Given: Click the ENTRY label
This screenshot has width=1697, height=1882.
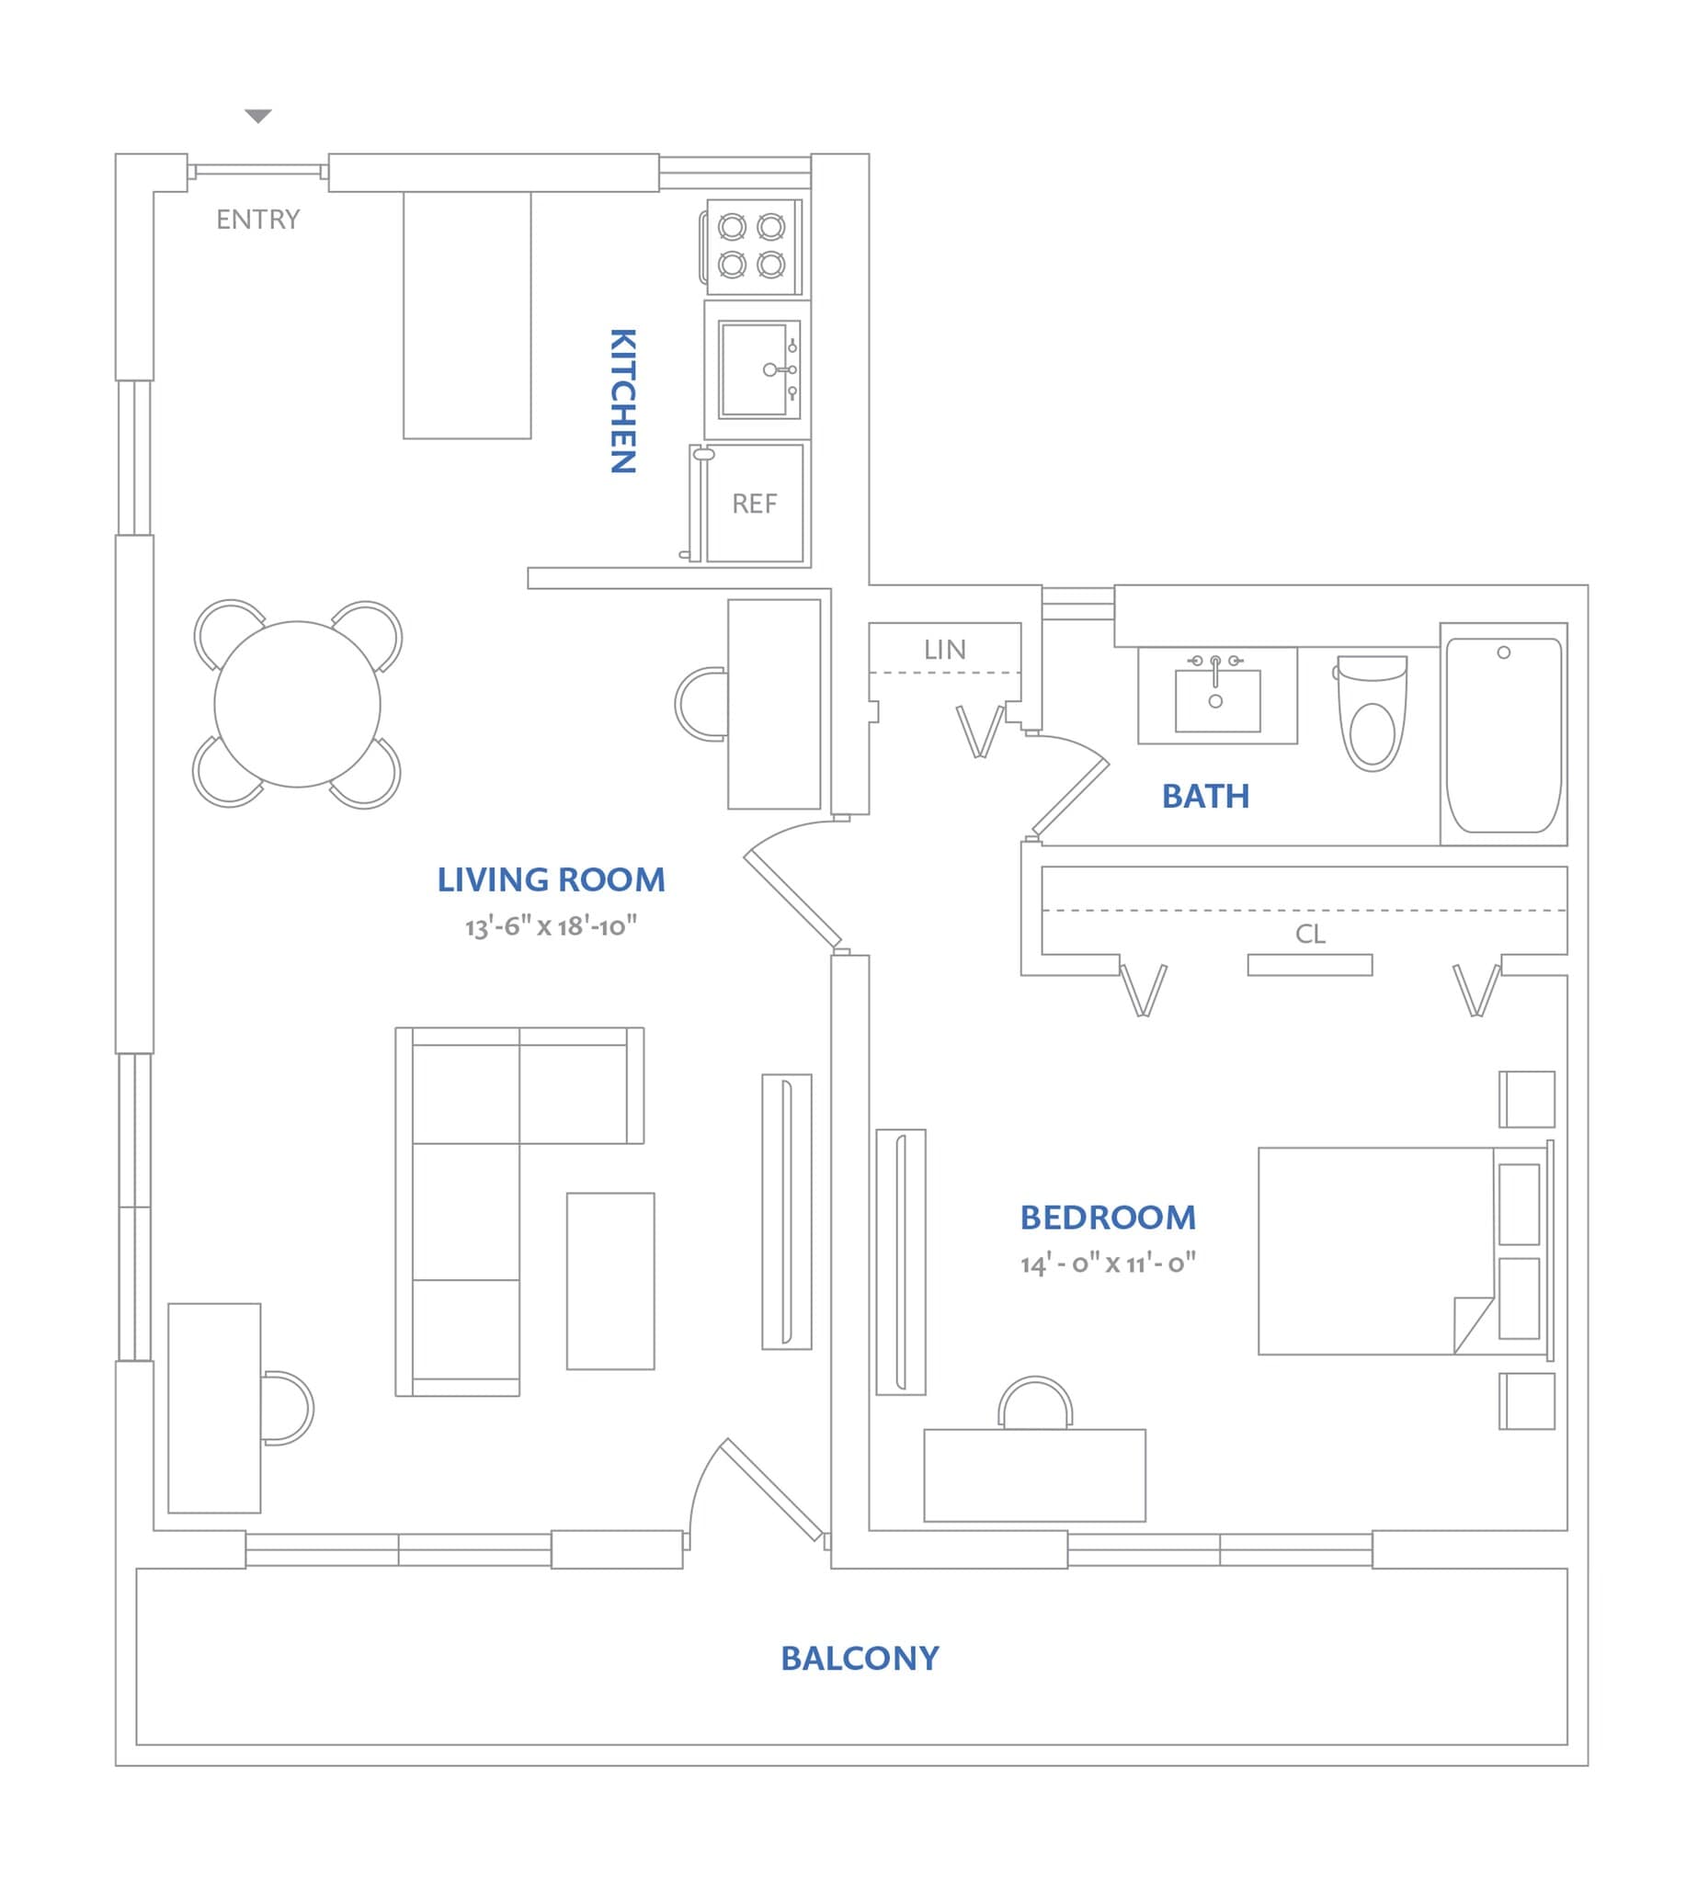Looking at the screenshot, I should pyautogui.click(x=258, y=220).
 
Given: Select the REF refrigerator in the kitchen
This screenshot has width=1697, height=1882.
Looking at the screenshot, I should pyautogui.click(x=755, y=505).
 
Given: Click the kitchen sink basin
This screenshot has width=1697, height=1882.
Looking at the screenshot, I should pyautogui.click(x=754, y=369).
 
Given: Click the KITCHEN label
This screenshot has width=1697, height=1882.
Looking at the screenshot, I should pyautogui.click(x=622, y=401).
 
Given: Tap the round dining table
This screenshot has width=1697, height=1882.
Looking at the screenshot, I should pyautogui.click(x=298, y=704).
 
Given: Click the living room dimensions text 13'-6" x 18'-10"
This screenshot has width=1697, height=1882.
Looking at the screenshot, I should pyautogui.click(x=551, y=926).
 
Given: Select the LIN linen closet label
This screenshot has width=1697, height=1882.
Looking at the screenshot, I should pyautogui.click(x=944, y=650).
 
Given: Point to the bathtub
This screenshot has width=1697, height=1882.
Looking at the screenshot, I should pyautogui.click(x=1503, y=734).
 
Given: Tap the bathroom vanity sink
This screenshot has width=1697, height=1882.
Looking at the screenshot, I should pyautogui.click(x=1217, y=699).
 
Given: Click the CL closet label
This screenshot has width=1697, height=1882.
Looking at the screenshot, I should pyautogui.click(x=1310, y=934).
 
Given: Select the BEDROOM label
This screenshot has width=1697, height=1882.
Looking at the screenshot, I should pyautogui.click(x=1108, y=1218).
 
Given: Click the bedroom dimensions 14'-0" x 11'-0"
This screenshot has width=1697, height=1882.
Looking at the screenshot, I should pyautogui.click(x=1108, y=1264).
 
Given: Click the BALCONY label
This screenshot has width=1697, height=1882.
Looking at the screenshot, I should pyautogui.click(x=860, y=1659).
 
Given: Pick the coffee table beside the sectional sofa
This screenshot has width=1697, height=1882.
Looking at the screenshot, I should pyautogui.click(x=610, y=1281).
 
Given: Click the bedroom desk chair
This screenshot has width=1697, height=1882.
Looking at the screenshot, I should pyautogui.click(x=1035, y=1404).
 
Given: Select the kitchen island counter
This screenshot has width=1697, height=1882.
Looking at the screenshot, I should pyautogui.click(x=467, y=315).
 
